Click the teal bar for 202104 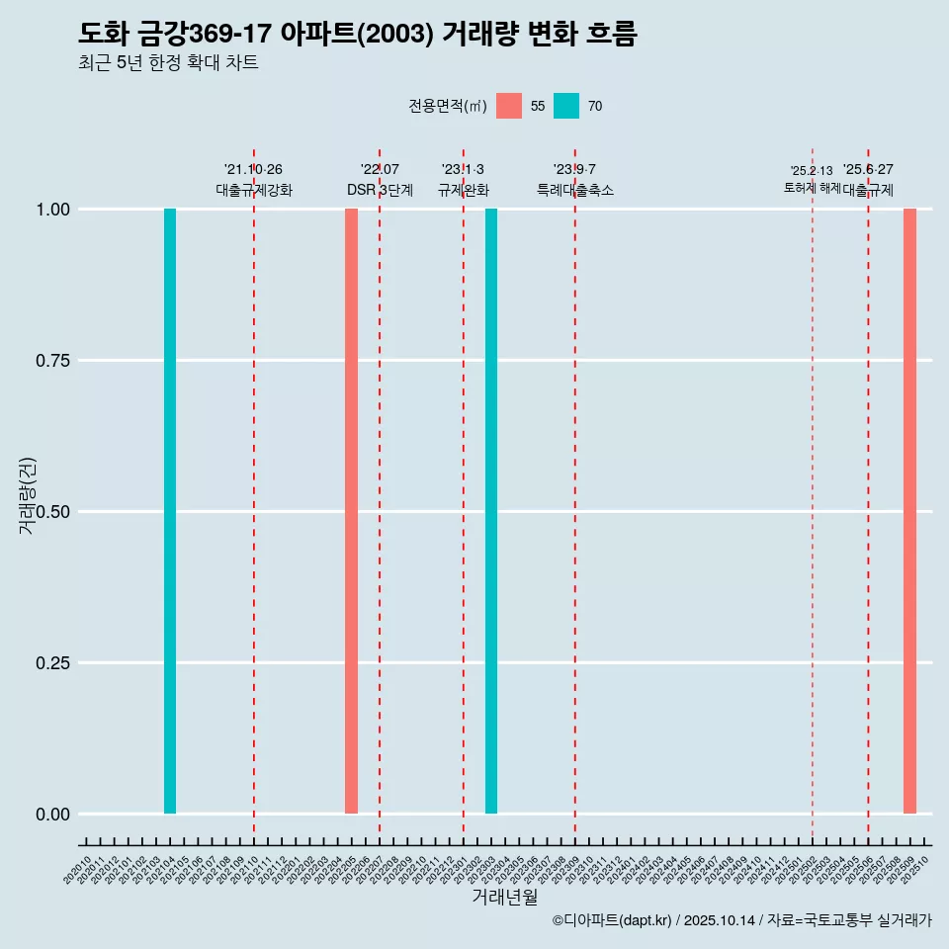(x=170, y=511)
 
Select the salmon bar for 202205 (x=351, y=511)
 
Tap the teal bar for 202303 (x=491, y=511)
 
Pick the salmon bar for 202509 (x=909, y=511)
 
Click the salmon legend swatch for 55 (x=509, y=106)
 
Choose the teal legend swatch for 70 (x=566, y=106)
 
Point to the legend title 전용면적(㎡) (x=447, y=106)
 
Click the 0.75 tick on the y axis (x=50, y=361)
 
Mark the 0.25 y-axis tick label (x=50, y=663)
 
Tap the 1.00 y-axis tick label (x=50, y=210)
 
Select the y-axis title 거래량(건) (x=28, y=495)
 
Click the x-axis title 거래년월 (x=504, y=897)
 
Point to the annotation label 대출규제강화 (x=254, y=190)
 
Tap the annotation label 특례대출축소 (x=575, y=190)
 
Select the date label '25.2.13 (x=811, y=171)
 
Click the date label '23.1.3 (x=463, y=170)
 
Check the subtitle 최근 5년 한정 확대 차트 (x=168, y=63)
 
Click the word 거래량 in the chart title (x=480, y=34)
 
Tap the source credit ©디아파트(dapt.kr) (x=612, y=920)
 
